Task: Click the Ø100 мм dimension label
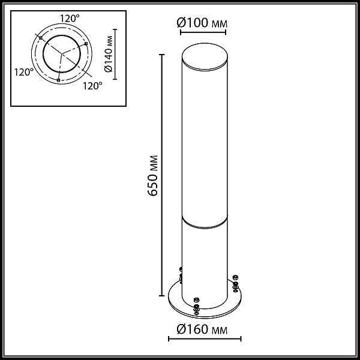(x=202, y=23)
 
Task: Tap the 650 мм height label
(x=152, y=176)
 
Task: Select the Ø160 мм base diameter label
(x=202, y=329)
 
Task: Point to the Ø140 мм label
(x=108, y=54)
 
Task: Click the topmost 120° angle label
(x=70, y=18)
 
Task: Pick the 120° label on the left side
(x=24, y=72)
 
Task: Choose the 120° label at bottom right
(x=92, y=86)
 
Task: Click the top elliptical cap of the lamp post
(x=205, y=56)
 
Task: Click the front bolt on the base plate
(x=196, y=306)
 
